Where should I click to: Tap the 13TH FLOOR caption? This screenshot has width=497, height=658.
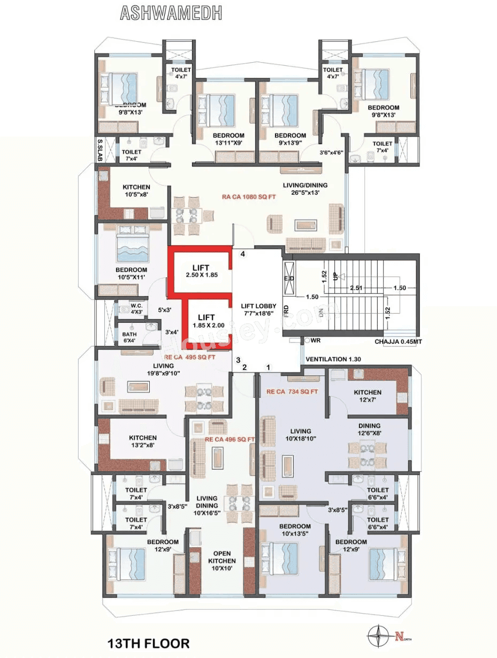click(148, 642)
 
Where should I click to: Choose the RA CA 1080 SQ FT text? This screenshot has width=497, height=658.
click(249, 196)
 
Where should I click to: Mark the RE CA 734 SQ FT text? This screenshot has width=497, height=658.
click(292, 392)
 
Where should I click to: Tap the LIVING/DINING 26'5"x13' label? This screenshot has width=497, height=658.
click(305, 189)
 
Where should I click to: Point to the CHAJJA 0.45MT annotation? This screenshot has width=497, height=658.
click(397, 342)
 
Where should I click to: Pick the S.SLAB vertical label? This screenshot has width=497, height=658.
click(100, 149)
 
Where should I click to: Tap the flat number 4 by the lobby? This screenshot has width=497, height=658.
click(243, 254)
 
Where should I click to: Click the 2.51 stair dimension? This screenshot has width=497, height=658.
click(356, 288)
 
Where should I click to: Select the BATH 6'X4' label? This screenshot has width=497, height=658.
click(129, 337)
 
